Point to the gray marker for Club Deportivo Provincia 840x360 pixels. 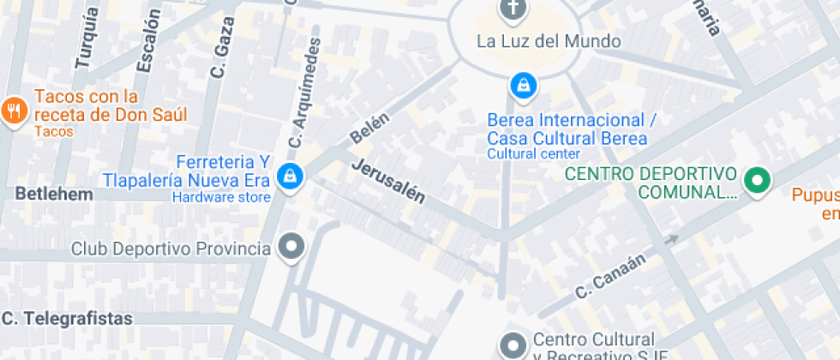293,249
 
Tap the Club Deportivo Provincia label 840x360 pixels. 171,249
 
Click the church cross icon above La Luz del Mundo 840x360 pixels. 513,9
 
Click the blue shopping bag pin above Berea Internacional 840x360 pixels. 521,85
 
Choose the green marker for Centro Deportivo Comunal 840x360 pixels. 757,181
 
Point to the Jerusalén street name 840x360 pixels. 388,181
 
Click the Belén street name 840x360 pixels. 369,129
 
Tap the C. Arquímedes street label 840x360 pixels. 306,92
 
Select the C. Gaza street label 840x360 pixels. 221,57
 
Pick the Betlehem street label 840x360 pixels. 54,195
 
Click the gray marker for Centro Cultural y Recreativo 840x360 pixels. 513,345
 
